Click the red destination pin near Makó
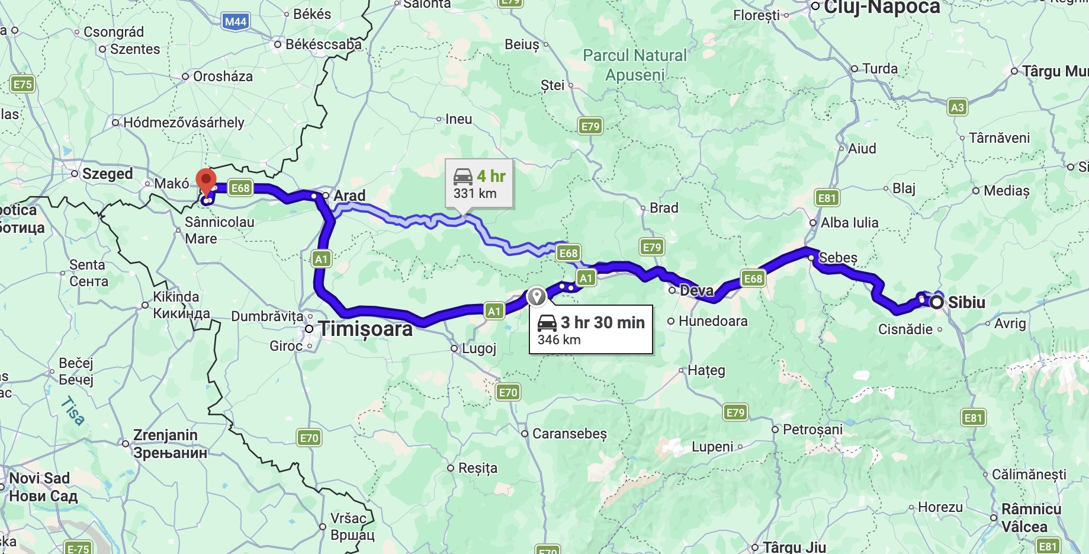point(205,180)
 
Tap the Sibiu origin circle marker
point(936,303)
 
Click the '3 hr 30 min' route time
point(602,322)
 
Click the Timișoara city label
point(365,329)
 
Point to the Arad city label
point(349,196)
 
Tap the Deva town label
point(696,290)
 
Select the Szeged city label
point(107,174)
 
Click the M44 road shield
point(236,22)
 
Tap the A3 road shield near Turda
point(957,107)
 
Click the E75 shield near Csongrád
point(23,84)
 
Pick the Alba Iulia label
point(849,223)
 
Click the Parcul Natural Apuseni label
point(635,65)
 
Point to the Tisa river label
point(73,411)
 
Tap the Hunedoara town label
point(712,321)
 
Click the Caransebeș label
point(569,434)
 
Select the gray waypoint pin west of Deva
point(537,296)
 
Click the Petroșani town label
point(812,429)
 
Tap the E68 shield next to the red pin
point(240,188)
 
